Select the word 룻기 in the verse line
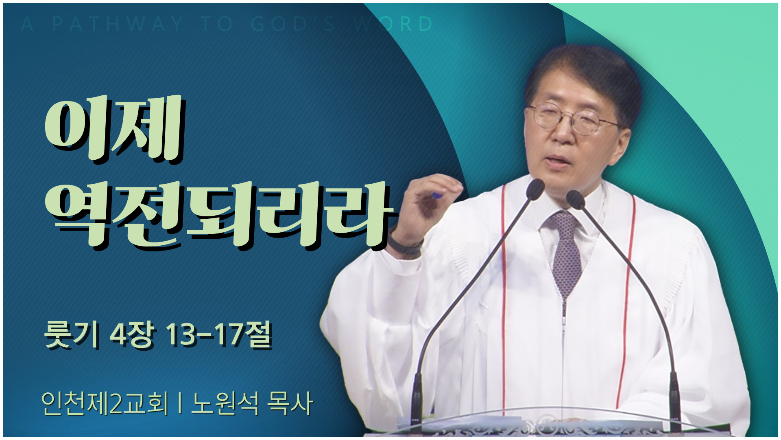pos(71,336)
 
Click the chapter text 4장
pos(131,336)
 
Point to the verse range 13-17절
pos(218,336)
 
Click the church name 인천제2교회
pos(105,403)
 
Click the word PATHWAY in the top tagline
pos(118,24)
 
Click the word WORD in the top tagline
pos(393,24)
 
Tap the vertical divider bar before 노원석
pos(179,403)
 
